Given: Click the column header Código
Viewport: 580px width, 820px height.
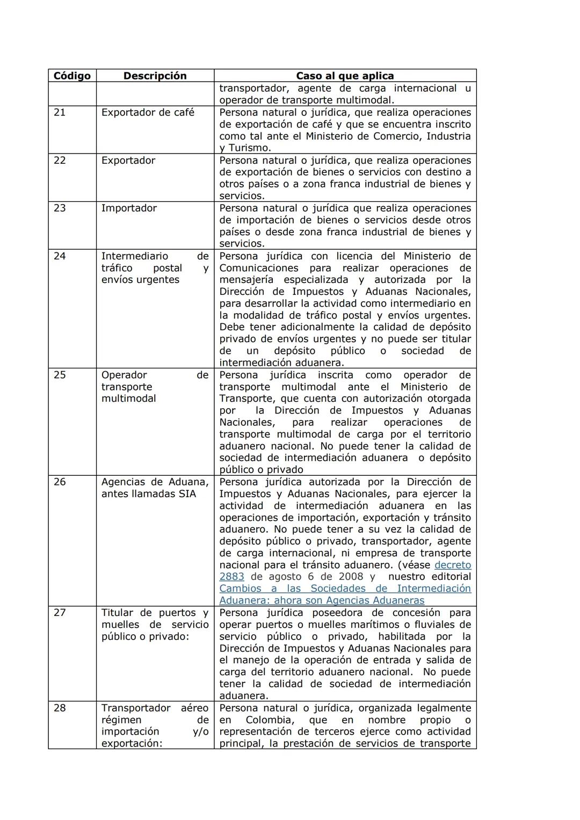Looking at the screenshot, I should click(x=72, y=76).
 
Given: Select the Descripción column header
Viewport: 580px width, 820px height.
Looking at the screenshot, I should click(x=155, y=76).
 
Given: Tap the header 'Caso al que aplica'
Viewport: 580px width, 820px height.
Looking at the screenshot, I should click(x=345, y=76).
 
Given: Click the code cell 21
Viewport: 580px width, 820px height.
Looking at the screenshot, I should click(x=60, y=112).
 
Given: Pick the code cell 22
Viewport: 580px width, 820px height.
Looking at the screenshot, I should click(x=60, y=160).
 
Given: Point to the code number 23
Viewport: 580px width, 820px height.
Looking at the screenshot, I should click(x=60, y=208).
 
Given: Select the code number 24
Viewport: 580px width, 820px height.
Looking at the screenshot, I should click(x=60, y=256).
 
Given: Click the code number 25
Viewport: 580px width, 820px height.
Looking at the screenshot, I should click(x=60, y=375).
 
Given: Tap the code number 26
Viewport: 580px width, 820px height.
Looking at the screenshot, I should click(x=60, y=482).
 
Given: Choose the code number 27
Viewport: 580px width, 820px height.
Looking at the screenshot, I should click(x=60, y=613).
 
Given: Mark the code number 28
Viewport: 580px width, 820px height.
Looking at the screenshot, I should click(x=60, y=708).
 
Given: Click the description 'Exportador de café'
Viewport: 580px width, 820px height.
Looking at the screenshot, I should click(x=148, y=112).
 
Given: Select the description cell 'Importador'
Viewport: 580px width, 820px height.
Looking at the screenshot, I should click(x=129, y=208).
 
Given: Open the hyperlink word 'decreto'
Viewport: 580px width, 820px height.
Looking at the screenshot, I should click(x=452, y=565).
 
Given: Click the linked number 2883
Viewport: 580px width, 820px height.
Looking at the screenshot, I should click(x=231, y=577).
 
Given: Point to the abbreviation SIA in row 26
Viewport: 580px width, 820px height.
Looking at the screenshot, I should click(x=186, y=494).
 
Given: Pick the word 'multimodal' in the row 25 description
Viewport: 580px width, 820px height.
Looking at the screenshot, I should click(x=129, y=398).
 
